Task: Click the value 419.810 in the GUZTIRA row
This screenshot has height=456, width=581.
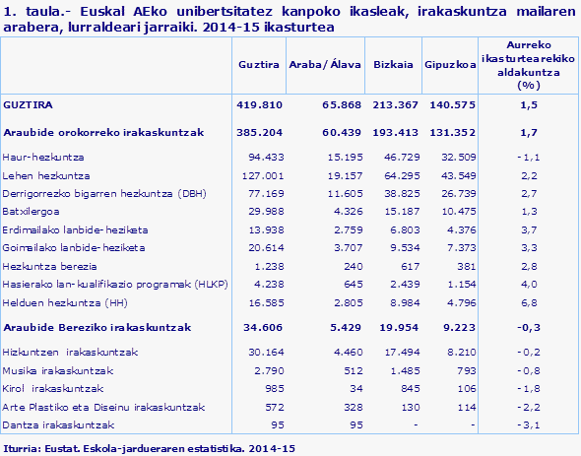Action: [x=260, y=104]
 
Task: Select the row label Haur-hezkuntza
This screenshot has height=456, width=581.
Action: [x=44, y=157]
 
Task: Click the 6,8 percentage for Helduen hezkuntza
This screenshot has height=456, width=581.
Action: [x=528, y=301]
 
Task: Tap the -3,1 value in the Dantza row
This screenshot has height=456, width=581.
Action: [x=528, y=424]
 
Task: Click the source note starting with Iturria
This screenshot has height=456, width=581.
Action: [x=149, y=448]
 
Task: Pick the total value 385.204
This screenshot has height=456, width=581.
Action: [x=260, y=131]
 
